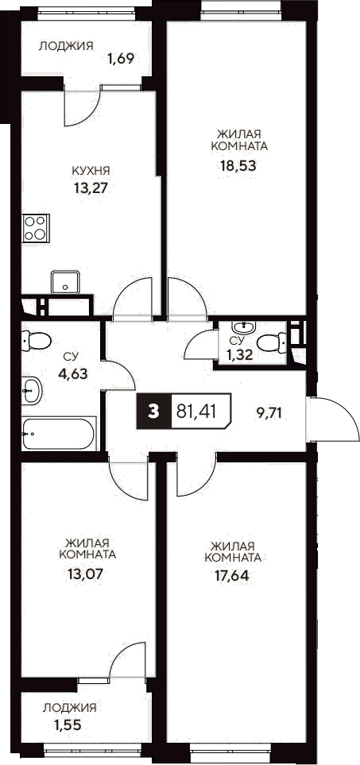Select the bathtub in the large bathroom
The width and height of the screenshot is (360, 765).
(x=58, y=434)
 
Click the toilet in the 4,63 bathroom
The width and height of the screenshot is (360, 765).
(x=33, y=340)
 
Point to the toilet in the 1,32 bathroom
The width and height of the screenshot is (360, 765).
(x=273, y=342)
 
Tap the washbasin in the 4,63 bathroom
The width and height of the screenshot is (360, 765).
(x=32, y=389)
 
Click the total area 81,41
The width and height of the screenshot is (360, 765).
(x=202, y=411)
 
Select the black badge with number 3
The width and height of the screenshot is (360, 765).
(x=153, y=411)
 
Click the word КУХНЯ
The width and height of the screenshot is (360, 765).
(x=91, y=170)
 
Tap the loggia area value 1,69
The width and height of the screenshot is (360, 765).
(x=120, y=58)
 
